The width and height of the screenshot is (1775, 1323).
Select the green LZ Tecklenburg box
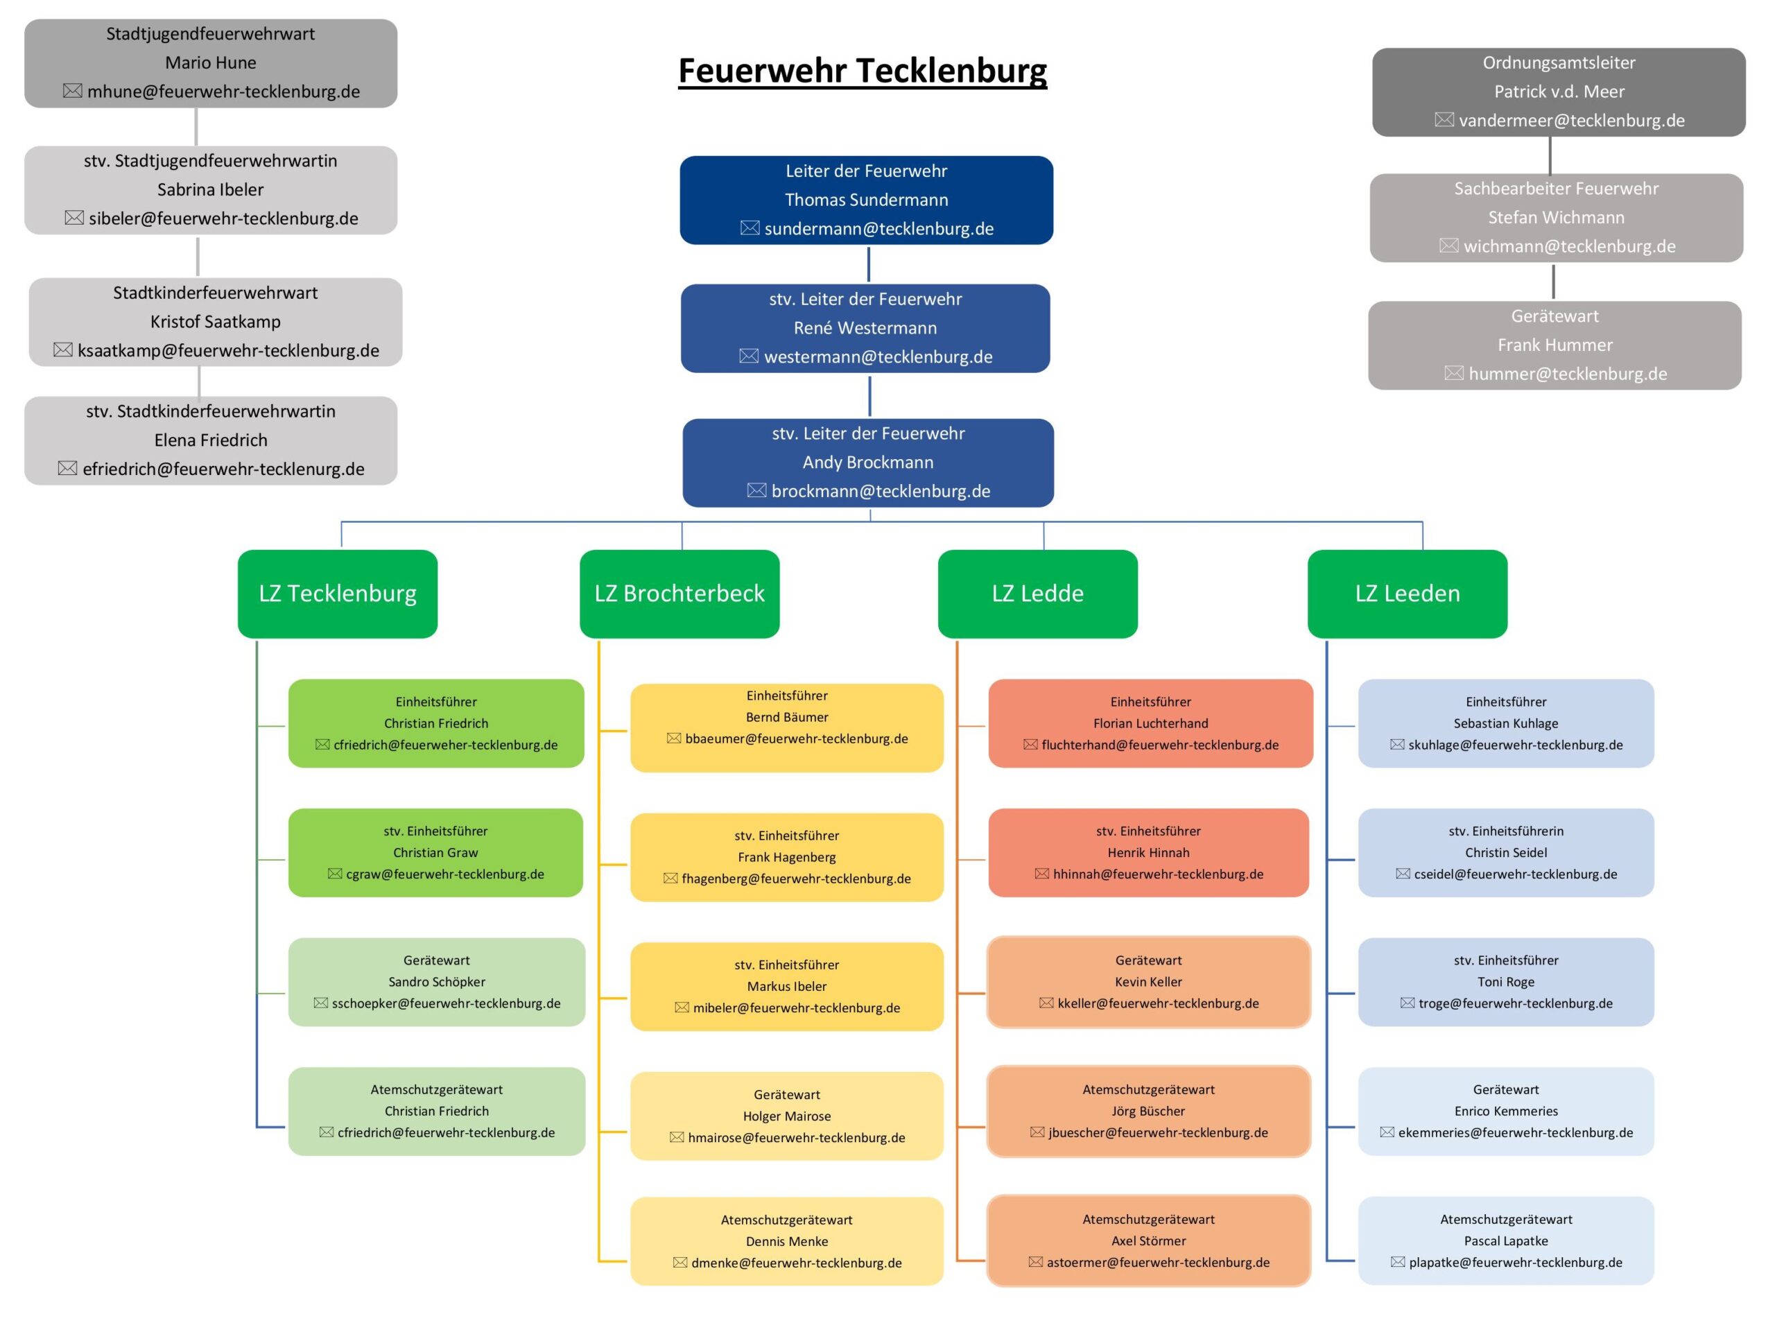coord(337,594)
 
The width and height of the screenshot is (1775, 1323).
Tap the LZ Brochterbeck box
coord(679,594)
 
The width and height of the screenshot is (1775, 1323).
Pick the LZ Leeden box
coord(1407,594)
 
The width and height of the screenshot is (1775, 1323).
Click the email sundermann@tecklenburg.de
coord(878,229)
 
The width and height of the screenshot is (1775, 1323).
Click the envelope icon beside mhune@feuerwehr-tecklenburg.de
coord(72,92)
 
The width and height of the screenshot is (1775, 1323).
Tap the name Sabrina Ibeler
coord(210,190)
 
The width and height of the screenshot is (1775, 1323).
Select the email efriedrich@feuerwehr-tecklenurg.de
coord(223,469)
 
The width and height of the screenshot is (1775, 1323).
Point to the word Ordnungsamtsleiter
coord(1558,62)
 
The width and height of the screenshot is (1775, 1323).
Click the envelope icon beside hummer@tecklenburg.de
coord(1453,373)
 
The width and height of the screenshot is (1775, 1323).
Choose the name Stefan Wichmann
coord(1556,218)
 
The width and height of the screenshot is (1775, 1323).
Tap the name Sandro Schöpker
coord(436,982)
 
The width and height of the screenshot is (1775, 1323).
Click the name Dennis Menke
coord(786,1241)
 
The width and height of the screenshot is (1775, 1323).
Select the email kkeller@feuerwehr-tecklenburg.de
coord(1158,1003)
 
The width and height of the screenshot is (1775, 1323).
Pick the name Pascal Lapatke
coord(1505,1240)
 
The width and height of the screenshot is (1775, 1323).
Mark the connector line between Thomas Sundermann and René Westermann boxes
coord(868,264)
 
